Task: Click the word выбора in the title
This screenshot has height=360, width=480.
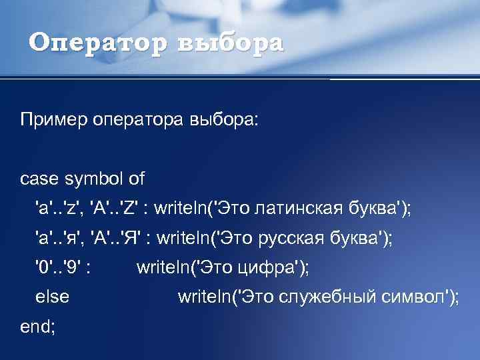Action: tap(230, 43)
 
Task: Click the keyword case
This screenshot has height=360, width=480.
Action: tap(40, 179)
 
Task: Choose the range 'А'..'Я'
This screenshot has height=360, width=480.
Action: tap(117, 237)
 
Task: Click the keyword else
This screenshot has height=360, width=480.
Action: tap(52, 297)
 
